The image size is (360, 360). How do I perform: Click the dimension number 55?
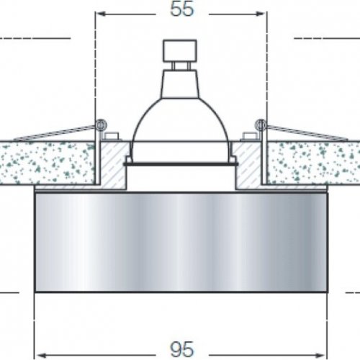(181, 9)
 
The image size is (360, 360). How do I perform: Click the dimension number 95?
(181, 349)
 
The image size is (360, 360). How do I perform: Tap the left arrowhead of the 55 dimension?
(102, 14)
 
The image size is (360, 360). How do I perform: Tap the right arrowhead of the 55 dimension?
(260, 14)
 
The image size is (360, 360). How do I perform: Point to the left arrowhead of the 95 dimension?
(42, 355)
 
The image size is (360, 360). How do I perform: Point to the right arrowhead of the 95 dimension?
(320, 355)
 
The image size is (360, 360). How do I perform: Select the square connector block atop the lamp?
(180, 50)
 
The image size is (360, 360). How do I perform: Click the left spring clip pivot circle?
(100, 125)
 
